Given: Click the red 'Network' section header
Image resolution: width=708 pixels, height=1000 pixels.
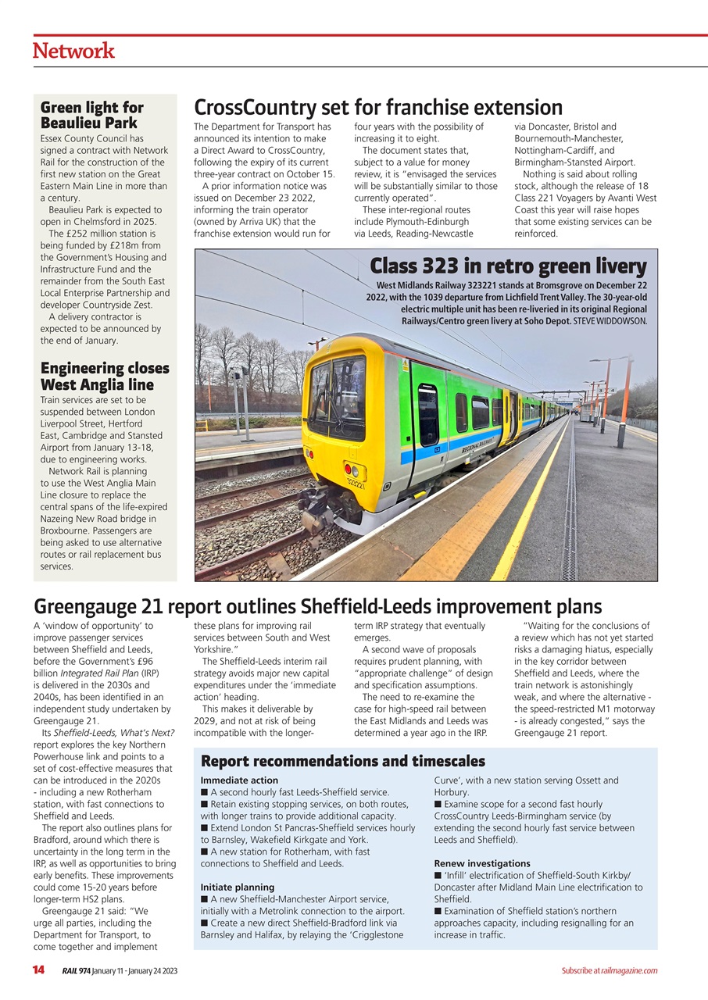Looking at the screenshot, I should [73, 51].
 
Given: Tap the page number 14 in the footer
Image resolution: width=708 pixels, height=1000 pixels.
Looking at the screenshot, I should [38, 970].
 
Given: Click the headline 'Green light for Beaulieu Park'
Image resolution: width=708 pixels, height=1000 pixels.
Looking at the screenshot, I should [92, 115].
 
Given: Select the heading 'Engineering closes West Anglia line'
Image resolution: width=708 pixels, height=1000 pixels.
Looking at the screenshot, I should [105, 376].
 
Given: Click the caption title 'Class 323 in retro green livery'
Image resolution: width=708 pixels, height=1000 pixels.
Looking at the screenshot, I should [508, 266].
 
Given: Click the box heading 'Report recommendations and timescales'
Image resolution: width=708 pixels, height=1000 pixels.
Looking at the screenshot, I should [343, 761].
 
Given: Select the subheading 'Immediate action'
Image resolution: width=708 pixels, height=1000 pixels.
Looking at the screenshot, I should [239, 780].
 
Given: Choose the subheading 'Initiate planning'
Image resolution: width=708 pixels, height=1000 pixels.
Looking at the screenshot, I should [238, 887].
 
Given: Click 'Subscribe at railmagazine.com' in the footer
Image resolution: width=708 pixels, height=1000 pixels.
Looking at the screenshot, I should [609, 970].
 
